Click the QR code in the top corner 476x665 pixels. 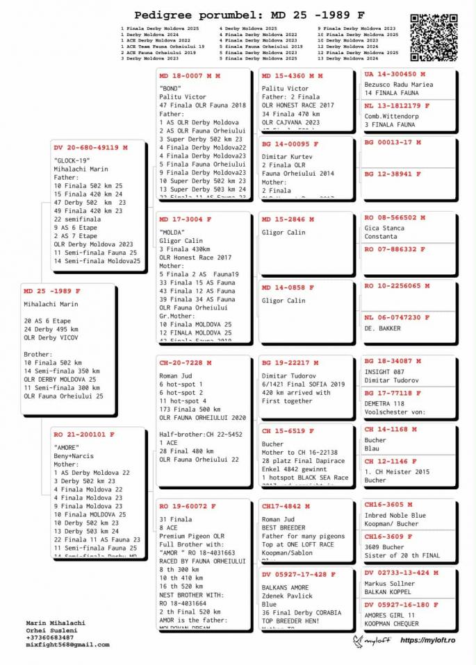434,37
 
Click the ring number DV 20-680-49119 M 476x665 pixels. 90,147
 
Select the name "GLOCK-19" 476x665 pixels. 72,160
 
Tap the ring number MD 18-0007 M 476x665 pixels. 190,75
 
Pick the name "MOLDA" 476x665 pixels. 172,232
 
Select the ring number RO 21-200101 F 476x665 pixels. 84,435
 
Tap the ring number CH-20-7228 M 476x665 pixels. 186,362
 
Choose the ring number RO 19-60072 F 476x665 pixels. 188,506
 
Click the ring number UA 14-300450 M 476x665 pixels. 395,74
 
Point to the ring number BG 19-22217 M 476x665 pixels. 290,362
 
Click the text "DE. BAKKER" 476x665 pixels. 383,328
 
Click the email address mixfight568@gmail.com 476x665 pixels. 67,644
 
